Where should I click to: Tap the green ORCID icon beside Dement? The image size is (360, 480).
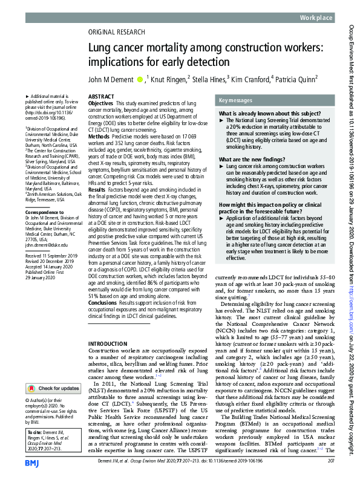(x=140, y=78)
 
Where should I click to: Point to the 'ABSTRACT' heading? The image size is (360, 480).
(x=101, y=97)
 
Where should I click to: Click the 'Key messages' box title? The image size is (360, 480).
(x=237, y=100)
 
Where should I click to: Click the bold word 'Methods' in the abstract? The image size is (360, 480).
(x=98, y=137)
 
